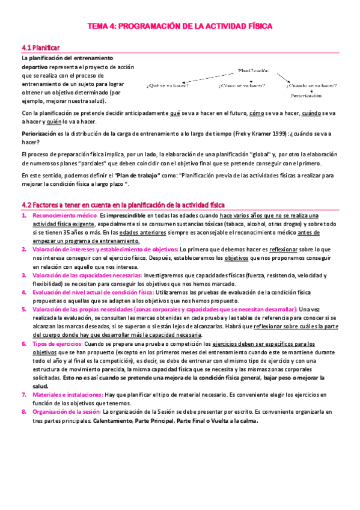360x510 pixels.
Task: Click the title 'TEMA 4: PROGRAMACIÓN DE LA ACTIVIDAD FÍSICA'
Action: click(x=180, y=26)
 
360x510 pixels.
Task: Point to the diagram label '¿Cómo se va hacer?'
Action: click(x=241, y=85)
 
